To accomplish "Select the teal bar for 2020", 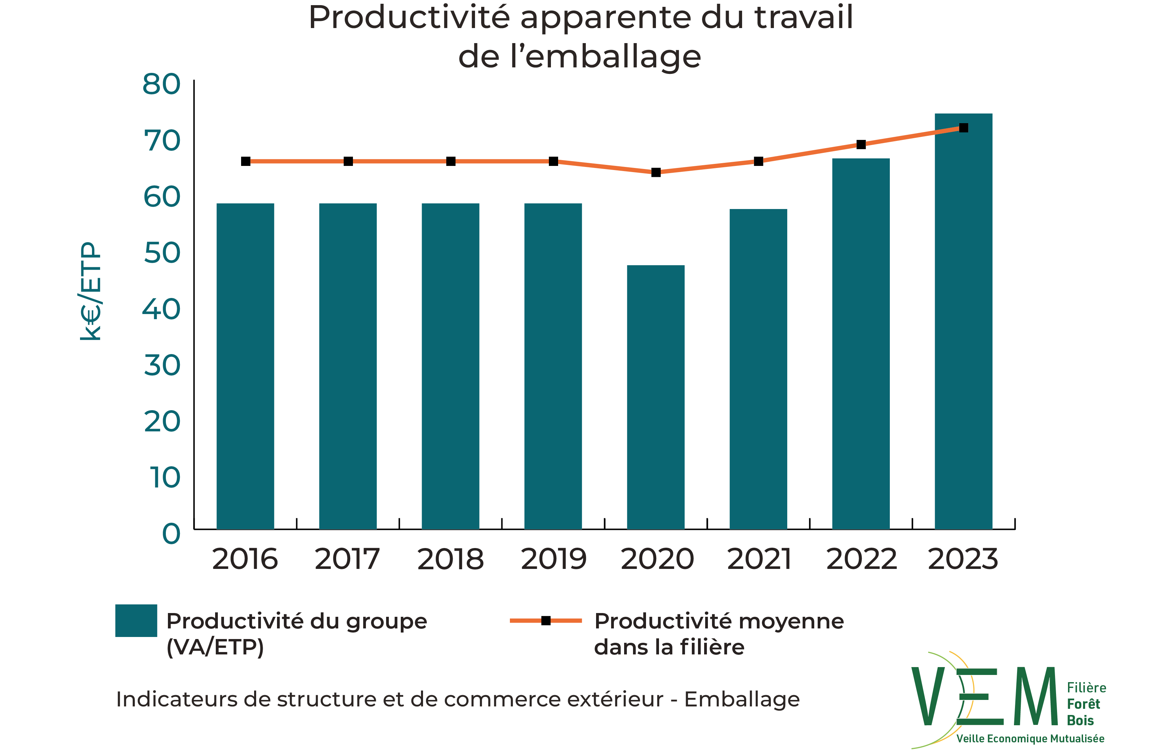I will (x=656, y=397).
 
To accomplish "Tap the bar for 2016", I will (x=245, y=366).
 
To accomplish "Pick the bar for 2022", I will (x=861, y=343).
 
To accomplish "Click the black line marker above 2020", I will (x=656, y=172).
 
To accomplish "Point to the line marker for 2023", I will (x=964, y=128).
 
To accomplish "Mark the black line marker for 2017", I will (x=348, y=161).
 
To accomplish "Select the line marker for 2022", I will (x=861, y=145).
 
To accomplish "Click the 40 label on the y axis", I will (x=161, y=310).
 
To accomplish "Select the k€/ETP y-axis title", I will (x=91, y=291).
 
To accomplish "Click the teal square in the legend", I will (x=136, y=621).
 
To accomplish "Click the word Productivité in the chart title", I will (x=409, y=18).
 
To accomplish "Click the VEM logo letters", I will (x=985, y=697).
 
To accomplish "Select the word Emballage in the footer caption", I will (x=742, y=700).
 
